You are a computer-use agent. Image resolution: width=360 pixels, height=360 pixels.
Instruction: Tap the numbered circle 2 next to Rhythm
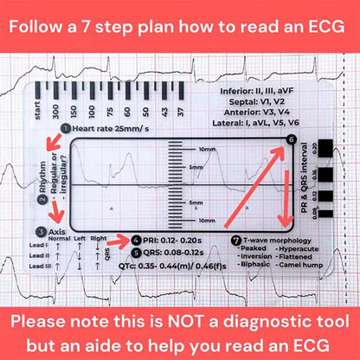(x=42, y=199)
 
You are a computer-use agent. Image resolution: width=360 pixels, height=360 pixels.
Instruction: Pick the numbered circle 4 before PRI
(x=137, y=239)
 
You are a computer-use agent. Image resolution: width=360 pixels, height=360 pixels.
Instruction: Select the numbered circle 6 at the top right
(x=291, y=139)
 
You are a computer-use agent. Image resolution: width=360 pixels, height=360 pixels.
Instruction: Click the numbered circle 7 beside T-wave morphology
(x=237, y=239)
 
